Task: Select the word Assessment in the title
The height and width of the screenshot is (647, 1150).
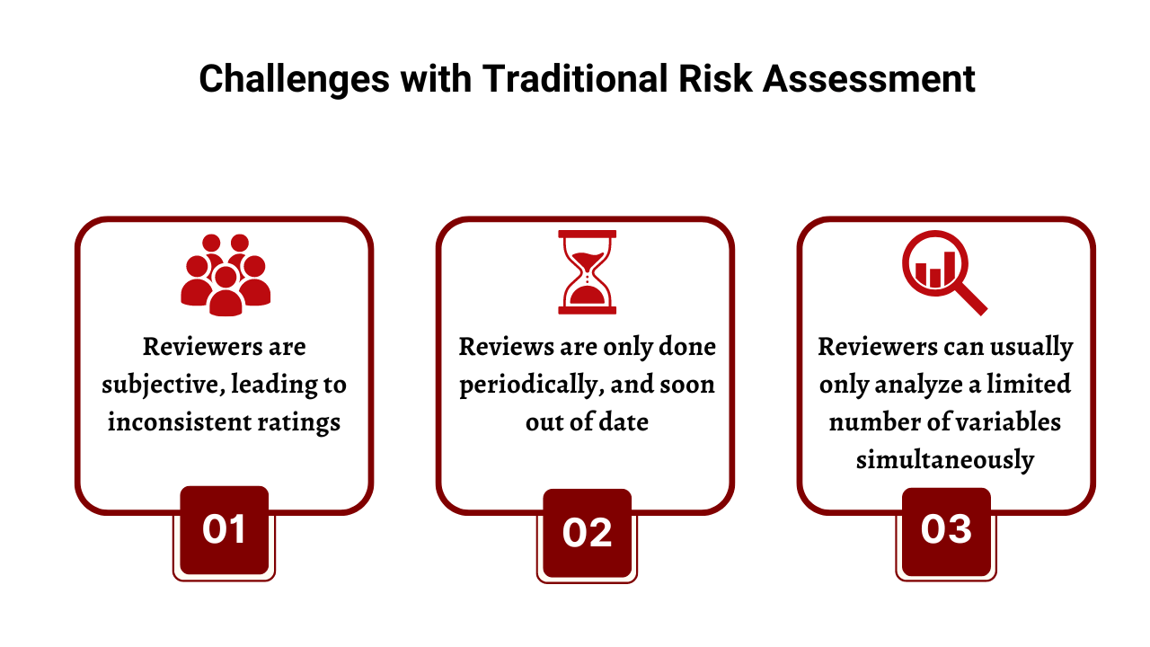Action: [869, 79]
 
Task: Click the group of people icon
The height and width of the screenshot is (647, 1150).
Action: [225, 275]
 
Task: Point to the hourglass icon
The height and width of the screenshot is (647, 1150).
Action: [587, 272]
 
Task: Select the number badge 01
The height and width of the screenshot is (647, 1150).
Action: [225, 530]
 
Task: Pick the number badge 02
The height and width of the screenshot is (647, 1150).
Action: [587, 532]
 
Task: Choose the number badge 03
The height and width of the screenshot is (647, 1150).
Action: [946, 530]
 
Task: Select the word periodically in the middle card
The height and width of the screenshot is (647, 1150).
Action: [525, 386]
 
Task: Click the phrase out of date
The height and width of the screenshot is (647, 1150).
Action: [587, 422]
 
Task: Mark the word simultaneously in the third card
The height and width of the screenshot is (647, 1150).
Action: [945, 460]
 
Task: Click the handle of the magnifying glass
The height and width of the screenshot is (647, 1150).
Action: [970, 298]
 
